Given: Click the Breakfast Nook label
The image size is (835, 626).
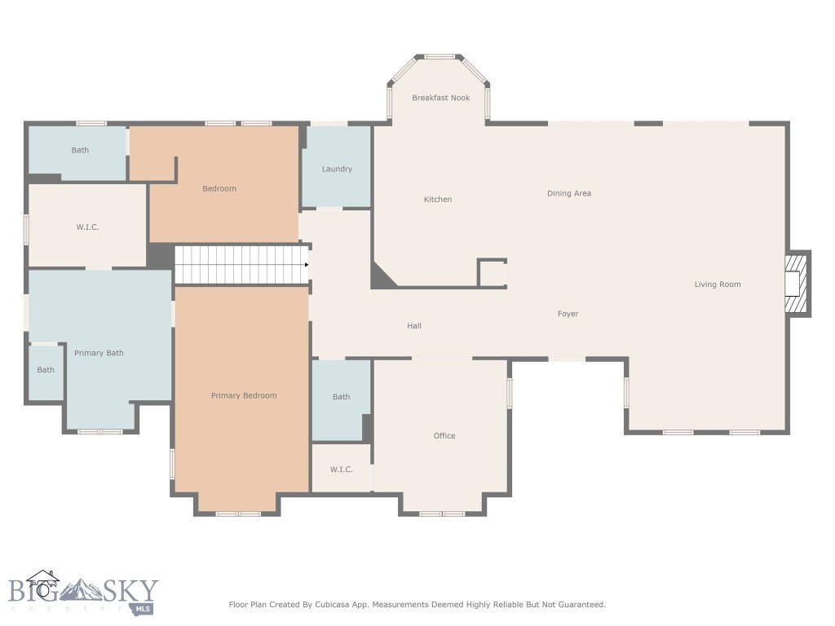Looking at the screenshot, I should coord(440,98).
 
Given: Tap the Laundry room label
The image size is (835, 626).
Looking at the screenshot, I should coord(337,169).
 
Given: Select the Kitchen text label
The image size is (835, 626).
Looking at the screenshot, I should coord(437,200).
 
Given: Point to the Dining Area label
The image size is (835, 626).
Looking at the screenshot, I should coord(568,193).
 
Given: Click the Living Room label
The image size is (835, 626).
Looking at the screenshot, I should coord(717,284).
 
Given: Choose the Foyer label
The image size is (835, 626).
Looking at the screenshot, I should coord(568,314).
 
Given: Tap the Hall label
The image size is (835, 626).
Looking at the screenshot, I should coord(414,326).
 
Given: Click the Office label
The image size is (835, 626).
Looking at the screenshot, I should coord(444,436).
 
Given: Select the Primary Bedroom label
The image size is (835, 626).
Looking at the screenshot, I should coord(244,395).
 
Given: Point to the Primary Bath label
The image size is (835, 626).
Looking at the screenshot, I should coord(99,353).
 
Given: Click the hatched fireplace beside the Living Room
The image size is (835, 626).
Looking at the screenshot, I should coord(797,284).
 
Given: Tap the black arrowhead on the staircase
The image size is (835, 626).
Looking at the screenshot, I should coord(306,265).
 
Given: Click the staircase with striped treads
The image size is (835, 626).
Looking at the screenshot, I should coord(241,265).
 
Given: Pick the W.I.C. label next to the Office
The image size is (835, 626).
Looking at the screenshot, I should coord(341,469).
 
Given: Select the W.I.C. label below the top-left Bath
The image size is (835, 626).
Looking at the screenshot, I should coord(87,227).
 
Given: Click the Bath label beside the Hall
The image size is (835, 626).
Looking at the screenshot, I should coord(341,397).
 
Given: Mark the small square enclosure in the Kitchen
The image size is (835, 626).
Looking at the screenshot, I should coord(492,273).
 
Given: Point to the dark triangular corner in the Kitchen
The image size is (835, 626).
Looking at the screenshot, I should coord(381,278).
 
